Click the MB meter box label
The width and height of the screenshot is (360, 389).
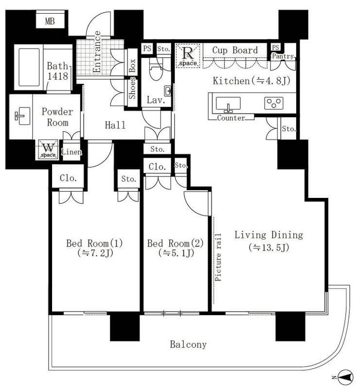click(x=50, y=21)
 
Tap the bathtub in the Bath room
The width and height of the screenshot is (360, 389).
click(x=29, y=67)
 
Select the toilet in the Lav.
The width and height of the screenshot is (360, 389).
click(x=156, y=69)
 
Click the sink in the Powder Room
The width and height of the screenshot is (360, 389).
click(x=22, y=116)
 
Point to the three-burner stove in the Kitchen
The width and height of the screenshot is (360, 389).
click(x=273, y=103)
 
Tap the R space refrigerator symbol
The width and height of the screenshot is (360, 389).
click(x=188, y=55)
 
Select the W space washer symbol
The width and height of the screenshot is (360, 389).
click(x=48, y=149)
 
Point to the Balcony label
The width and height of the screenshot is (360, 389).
click(x=188, y=344)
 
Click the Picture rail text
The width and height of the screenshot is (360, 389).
click(x=218, y=257)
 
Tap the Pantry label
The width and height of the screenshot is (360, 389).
click(x=283, y=56)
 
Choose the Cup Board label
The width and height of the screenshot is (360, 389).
click(x=235, y=50)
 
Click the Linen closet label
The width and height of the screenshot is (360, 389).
click(x=72, y=152)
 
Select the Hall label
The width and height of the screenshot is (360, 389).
click(x=115, y=125)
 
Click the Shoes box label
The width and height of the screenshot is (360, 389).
click(x=132, y=88)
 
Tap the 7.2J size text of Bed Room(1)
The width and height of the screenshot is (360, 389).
click(x=95, y=253)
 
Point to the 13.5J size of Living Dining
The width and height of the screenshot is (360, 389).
click(x=269, y=248)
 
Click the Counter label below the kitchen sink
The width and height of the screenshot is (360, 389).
click(x=231, y=118)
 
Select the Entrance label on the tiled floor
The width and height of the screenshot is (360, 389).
click(x=97, y=52)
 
